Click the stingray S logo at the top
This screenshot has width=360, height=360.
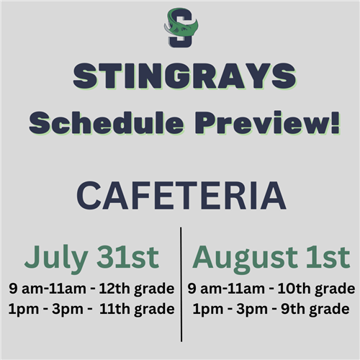(181, 27)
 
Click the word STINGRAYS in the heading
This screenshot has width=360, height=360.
(184, 76)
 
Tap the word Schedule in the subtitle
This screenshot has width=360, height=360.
(107, 122)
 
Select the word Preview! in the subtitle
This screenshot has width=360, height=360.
(268, 122)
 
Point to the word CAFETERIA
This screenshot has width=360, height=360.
(181, 196)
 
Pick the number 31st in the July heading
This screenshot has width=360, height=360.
(128, 257)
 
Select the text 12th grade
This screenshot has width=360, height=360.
(137, 289)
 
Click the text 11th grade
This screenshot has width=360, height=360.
(137, 309)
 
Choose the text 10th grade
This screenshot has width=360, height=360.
(316, 289)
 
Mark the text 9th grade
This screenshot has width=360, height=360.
(315, 309)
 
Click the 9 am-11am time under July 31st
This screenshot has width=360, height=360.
(48, 288)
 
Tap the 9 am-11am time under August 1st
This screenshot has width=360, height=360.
(226, 288)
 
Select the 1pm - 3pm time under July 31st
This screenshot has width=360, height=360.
(46, 310)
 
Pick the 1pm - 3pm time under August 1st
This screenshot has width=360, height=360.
(230, 310)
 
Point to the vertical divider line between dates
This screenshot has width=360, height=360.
(181, 284)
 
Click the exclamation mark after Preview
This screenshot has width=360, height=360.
(336, 122)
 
